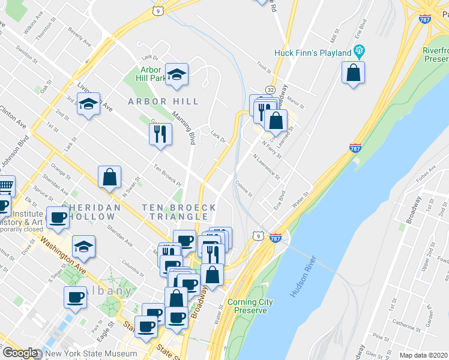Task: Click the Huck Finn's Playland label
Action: click(x=313, y=53)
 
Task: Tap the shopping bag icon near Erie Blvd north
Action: click(x=354, y=74)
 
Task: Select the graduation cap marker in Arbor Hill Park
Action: click(x=176, y=74)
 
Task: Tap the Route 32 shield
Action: click(x=271, y=89)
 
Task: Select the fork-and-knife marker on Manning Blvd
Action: click(x=160, y=134)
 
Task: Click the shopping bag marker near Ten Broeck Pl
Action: click(x=109, y=177)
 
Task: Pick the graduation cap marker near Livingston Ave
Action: click(x=89, y=104)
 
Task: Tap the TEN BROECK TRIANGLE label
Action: click(x=179, y=212)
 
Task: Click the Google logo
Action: click(x=19, y=352)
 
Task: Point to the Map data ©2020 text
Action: click(x=423, y=355)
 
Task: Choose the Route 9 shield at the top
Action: click(x=157, y=10)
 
